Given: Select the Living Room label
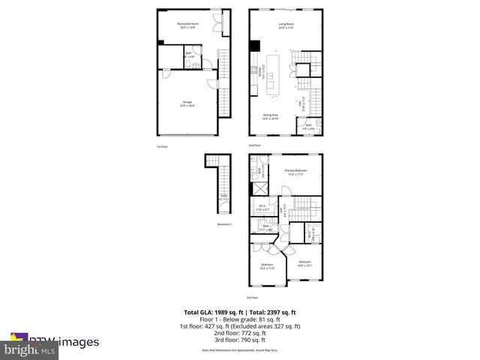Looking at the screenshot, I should pyautogui.click(x=286, y=25).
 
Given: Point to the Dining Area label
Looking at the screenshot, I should pyautogui.click(x=270, y=117).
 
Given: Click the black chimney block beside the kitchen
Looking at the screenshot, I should pyautogui.click(x=253, y=45).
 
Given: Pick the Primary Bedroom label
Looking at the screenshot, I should pyautogui.click(x=295, y=172).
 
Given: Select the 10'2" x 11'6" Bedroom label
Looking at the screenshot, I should pyautogui.click(x=268, y=266).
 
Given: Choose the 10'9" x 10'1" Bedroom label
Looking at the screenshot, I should pyautogui.click(x=305, y=263).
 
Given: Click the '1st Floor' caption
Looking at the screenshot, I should pyautogui.click(x=161, y=145).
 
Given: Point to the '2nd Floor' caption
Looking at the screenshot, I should pyautogui.click(x=255, y=145).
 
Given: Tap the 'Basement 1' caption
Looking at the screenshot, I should pyautogui.click(x=226, y=224).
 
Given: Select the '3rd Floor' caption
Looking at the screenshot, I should pyautogui.click(x=253, y=298).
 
